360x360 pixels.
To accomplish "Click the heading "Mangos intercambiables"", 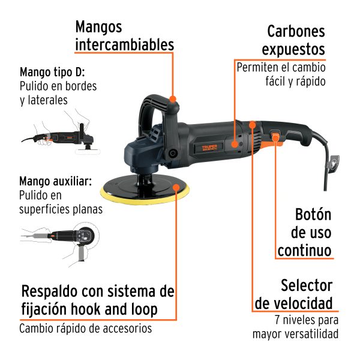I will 124,36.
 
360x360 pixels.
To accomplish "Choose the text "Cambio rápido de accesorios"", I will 85,328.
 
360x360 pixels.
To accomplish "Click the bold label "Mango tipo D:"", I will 52,72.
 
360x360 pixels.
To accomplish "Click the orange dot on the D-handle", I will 173,98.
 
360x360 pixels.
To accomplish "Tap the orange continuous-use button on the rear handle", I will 275,138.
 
